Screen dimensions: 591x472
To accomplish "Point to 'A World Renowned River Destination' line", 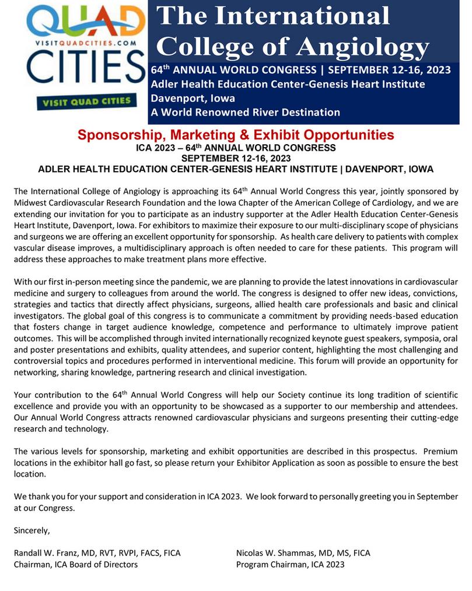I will coord(245,111).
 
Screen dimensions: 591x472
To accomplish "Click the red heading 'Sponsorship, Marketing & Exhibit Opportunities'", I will coord(236,135).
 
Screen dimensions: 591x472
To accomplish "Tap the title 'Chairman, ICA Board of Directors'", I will coord(76,564).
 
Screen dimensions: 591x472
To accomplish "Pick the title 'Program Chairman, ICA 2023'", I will coord(290,564).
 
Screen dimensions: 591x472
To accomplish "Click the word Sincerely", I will coord(32,530).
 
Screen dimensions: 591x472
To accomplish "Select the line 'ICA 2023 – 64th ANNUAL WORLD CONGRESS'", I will coord(236,148).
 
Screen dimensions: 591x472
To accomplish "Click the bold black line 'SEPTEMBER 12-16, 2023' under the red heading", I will coord(236,158).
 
